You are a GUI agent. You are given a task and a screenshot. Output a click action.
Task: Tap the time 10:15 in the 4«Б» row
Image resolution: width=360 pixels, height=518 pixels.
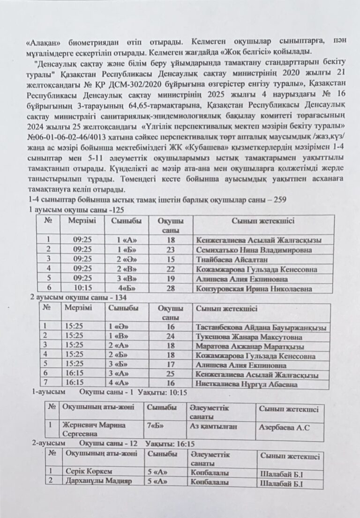(x=86, y=289)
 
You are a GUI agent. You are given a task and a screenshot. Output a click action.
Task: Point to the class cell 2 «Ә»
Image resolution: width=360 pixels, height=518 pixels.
(x=126, y=259)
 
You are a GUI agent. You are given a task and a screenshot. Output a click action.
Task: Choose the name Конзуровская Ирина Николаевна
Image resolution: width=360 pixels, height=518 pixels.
(x=254, y=289)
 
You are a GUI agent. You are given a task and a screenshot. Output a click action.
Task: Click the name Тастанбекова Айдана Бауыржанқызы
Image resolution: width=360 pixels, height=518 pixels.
(x=261, y=327)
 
